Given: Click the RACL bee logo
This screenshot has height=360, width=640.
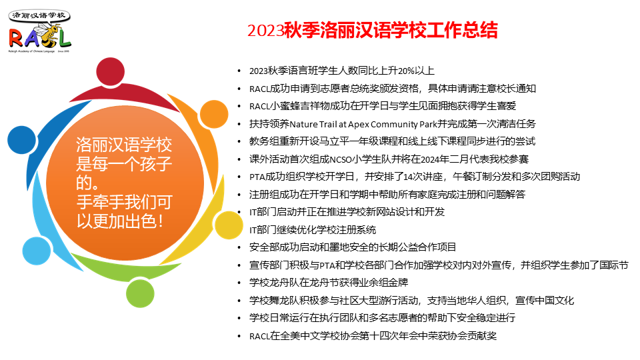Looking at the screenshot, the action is (39, 31).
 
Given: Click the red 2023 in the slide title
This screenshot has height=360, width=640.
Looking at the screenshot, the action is (265, 31).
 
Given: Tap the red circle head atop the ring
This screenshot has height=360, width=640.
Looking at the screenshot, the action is (110, 71).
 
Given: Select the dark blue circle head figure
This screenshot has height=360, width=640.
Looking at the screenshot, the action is (21, 140).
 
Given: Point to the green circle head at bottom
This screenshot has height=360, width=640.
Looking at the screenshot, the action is (140, 293).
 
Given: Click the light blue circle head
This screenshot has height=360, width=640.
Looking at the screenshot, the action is (37, 251).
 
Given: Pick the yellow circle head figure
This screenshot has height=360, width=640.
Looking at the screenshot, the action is (229, 225).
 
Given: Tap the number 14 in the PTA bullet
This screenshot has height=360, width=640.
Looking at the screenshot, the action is (408, 177).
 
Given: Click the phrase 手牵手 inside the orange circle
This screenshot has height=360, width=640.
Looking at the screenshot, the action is (100, 201).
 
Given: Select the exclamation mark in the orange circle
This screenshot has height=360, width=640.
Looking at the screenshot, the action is (161, 221).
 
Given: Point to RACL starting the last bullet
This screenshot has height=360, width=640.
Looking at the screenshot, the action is (259, 336).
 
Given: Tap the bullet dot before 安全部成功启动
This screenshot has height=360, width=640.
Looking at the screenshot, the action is (239, 248).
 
